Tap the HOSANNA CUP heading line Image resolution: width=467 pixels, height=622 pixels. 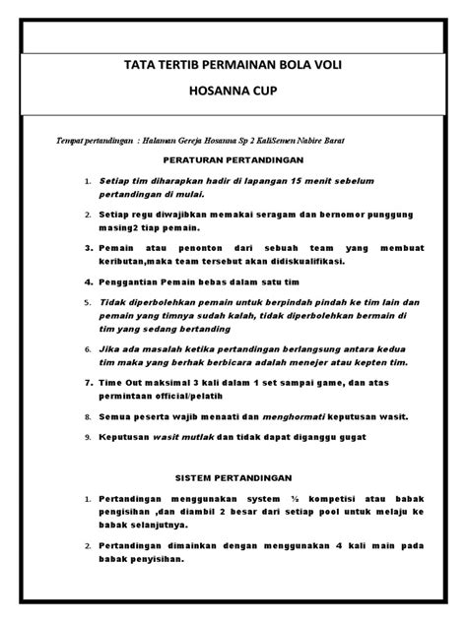tap(233, 99)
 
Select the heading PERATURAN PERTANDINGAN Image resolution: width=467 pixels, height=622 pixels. tap(233, 158)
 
